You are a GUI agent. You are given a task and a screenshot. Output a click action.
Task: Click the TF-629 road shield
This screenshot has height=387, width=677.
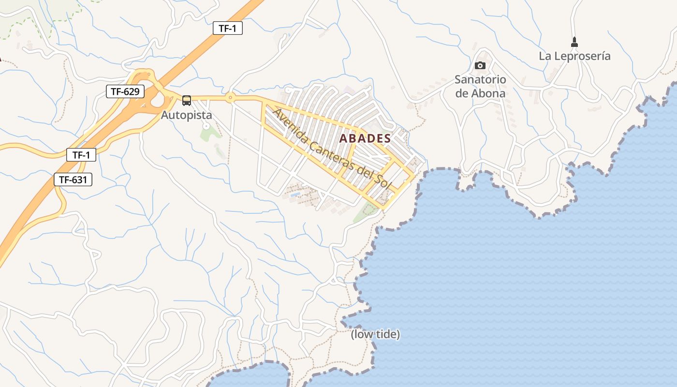point(125,91)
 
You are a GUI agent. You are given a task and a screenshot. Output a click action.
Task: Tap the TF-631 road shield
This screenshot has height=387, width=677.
point(73,180)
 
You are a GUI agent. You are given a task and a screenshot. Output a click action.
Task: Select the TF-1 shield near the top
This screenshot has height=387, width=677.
point(227,28)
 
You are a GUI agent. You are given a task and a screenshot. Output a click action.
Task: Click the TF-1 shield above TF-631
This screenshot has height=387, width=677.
point(81,155)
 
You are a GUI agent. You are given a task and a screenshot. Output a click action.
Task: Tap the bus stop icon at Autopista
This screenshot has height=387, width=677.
point(187,101)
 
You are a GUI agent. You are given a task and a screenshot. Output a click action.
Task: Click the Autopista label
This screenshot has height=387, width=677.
point(186,116)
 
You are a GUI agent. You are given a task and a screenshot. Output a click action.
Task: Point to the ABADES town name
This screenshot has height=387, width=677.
point(365,138)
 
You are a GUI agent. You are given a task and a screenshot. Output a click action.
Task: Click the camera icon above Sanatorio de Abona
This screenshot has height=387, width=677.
point(480,65)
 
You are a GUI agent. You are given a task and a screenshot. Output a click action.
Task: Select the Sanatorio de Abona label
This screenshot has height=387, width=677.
point(480,87)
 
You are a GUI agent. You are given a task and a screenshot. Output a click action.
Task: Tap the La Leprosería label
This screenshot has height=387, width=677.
point(574,56)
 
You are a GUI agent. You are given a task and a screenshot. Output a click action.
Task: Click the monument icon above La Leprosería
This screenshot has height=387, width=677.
point(574,42)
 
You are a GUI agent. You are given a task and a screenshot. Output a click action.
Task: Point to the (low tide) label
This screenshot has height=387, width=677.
point(375,334)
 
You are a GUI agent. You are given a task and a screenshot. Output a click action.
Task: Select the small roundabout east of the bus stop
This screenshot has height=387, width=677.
point(230,98)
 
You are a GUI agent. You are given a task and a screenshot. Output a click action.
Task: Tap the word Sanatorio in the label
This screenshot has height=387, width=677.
point(480,79)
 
